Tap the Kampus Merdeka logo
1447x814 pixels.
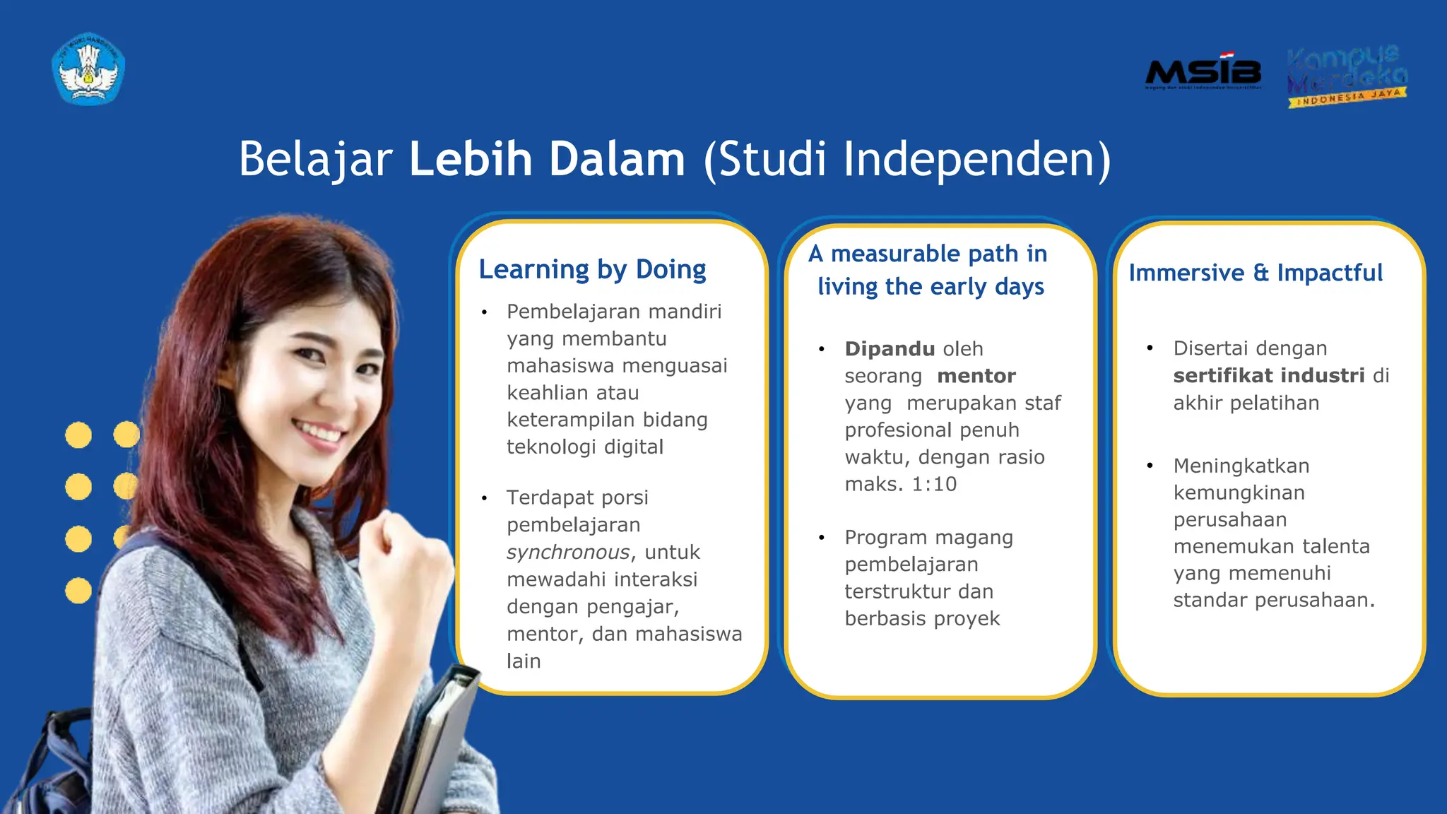click(1347, 76)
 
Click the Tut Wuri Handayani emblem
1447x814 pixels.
click(88, 69)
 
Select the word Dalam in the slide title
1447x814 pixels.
click(617, 158)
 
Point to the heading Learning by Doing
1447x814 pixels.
click(592, 269)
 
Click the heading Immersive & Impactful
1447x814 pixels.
click(1255, 273)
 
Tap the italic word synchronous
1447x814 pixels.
click(568, 552)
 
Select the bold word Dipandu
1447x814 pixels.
click(890, 348)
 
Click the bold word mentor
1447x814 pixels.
click(976, 376)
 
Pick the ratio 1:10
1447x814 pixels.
click(934, 484)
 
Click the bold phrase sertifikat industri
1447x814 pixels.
click(1269, 375)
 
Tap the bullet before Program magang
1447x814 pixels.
click(822, 538)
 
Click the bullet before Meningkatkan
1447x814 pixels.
click(1150, 466)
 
